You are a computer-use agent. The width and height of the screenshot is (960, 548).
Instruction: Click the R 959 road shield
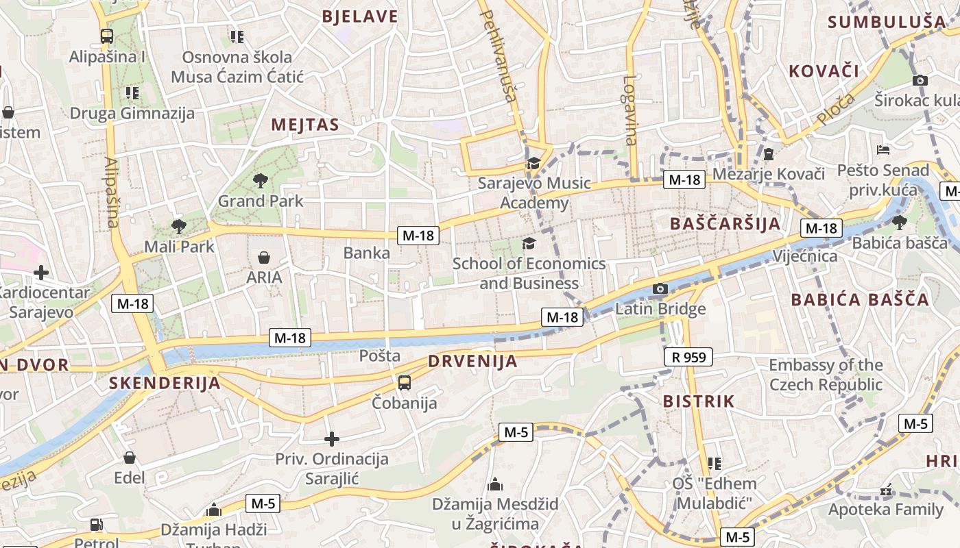tap(688, 357)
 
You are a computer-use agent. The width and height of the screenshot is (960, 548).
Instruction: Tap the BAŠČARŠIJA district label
tap(725, 223)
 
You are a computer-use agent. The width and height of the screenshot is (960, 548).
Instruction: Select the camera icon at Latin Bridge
tap(660, 289)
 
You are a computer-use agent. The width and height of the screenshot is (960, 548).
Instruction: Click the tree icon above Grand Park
tap(260, 181)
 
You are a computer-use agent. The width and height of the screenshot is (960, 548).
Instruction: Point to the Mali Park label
tap(179, 247)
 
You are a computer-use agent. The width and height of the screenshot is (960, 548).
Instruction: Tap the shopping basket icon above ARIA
tap(264, 258)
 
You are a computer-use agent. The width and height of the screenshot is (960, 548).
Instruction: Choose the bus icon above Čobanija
tap(405, 383)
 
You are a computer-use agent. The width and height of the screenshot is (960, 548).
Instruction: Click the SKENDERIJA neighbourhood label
tap(165, 383)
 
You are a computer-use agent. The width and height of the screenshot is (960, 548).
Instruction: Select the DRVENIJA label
tap(472, 361)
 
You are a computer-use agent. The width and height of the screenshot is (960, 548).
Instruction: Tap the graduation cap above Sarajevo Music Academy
tap(533, 163)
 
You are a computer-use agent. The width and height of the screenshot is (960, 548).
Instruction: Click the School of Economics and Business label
tap(529, 273)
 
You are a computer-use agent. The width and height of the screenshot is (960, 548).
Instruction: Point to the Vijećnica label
tap(804, 256)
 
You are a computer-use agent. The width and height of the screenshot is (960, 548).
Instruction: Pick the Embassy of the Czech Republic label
tap(826, 374)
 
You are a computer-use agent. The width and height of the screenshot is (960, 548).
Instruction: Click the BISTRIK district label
tap(699, 401)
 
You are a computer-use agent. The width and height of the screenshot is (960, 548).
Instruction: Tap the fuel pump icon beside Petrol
tap(97, 525)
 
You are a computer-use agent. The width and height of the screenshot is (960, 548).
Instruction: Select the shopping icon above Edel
tap(130, 458)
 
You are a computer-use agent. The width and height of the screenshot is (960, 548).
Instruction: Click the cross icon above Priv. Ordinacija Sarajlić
tap(332, 438)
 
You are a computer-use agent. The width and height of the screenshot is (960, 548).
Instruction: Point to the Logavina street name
tap(630, 110)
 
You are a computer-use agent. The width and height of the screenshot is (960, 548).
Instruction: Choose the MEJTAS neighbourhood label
tap(305, 125)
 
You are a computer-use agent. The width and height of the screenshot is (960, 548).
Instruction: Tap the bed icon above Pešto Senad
tap(883, 150)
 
